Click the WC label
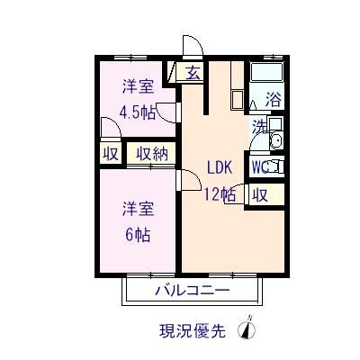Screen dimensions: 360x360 [261, 166]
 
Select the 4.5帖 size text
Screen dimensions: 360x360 [138, 112]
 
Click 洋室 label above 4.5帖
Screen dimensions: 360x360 [138, 87]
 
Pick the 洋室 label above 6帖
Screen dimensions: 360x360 [138, 210]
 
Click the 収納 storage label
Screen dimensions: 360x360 [152, 153]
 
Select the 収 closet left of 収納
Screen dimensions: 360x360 [110, 153]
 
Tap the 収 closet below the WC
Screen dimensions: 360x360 [259, 193]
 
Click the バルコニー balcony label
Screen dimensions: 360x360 [191, 290]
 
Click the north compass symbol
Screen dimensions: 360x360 [246, 328]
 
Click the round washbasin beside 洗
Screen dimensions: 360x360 [276, 139]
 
